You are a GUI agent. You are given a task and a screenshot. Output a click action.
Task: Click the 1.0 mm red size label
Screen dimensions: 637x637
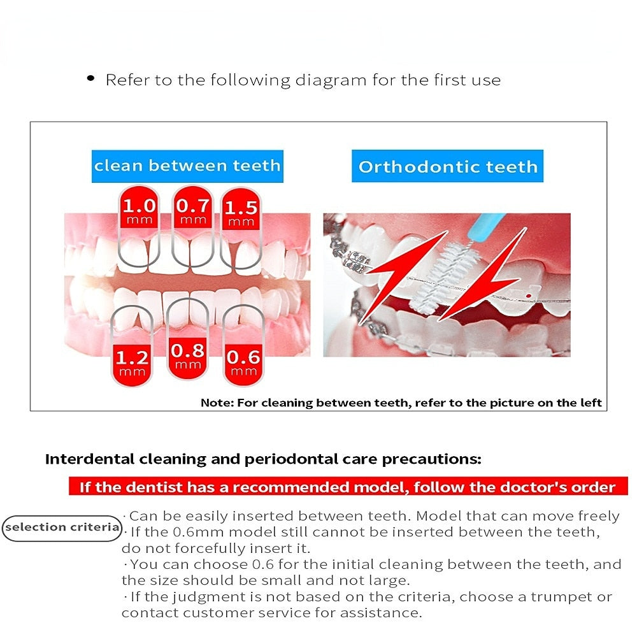pos(139,210)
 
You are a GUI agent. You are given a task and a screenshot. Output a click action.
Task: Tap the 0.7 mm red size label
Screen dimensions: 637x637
pos(192,210)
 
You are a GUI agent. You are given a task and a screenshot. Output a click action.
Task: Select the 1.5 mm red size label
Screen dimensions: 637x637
pos(241,211)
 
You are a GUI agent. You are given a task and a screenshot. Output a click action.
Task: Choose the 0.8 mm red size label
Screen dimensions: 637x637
pos(188,355)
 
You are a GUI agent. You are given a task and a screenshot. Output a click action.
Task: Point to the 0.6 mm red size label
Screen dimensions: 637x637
pos(243,361)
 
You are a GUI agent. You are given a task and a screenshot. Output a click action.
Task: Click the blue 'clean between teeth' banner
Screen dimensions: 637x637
pos(187,166)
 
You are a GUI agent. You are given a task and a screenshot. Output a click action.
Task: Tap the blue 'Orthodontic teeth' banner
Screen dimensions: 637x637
pos(448,167)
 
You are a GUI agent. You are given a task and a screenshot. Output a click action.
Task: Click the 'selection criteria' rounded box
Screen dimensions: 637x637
pos(62,527)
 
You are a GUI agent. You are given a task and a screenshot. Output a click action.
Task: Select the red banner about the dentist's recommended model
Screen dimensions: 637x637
pos(348,487)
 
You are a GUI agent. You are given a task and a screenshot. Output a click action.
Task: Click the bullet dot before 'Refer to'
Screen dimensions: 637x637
pos(91,79)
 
